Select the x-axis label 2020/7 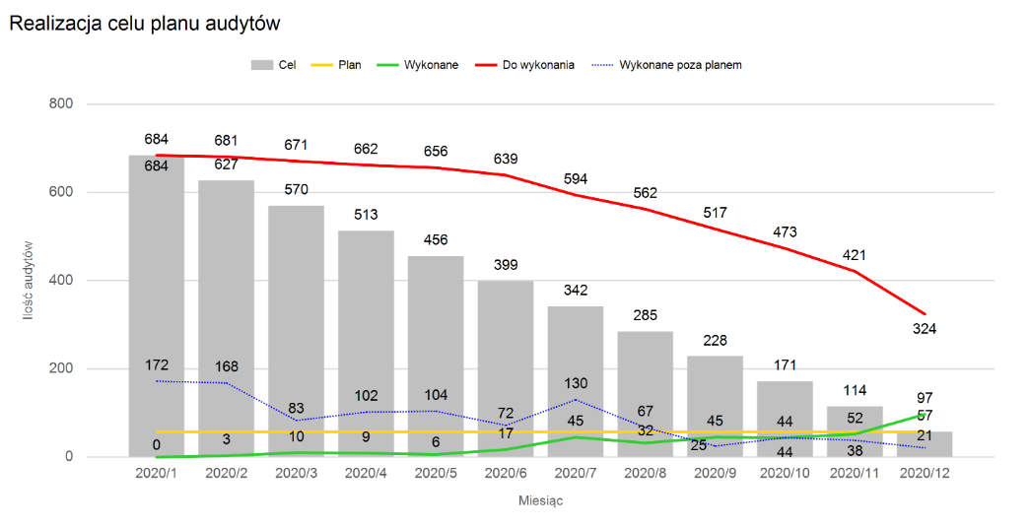[576, 474]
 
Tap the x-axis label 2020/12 [927, 474]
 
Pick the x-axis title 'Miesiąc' [541, 500]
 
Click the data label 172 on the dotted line [156, 364]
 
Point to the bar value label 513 [366, 215]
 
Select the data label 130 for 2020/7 [576, 383]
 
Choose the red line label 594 [576, 178]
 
